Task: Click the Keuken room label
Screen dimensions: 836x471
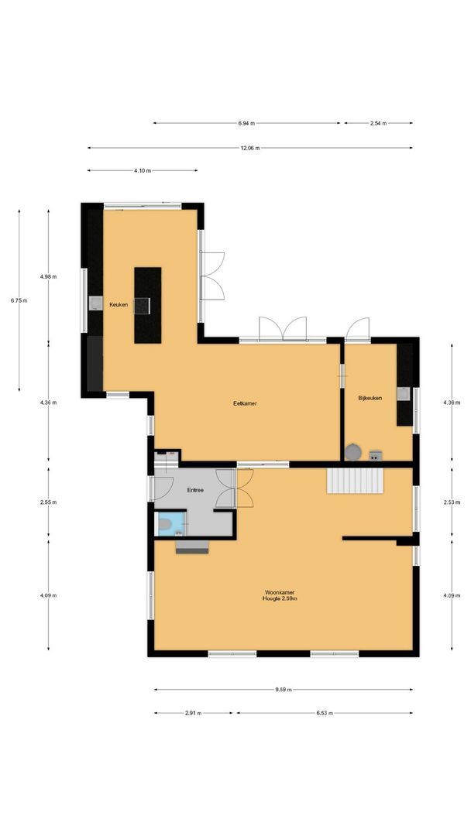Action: pos(119,304)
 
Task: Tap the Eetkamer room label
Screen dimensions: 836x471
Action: pos(245,403)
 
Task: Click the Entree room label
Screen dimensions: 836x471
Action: pos(196,491)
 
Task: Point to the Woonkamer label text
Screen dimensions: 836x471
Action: pos(280,592)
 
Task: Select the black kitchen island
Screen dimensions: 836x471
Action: pos(147,305)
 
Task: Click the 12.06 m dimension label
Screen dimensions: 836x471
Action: pos(249,148)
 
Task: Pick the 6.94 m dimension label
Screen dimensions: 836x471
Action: pos(246,123)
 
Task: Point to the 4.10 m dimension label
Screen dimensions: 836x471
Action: pos(142,170)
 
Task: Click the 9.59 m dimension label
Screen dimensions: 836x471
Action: pos(283,689)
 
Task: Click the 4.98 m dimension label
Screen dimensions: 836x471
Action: pos(48,276)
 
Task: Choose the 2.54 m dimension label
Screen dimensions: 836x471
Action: pos(378,123)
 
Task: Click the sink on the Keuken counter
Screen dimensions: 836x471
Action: pos(95,303)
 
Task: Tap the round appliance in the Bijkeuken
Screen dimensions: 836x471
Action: pos(353,451)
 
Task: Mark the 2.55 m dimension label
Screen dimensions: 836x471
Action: pos(48,502)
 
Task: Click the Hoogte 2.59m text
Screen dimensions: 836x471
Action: pos(280,599)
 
